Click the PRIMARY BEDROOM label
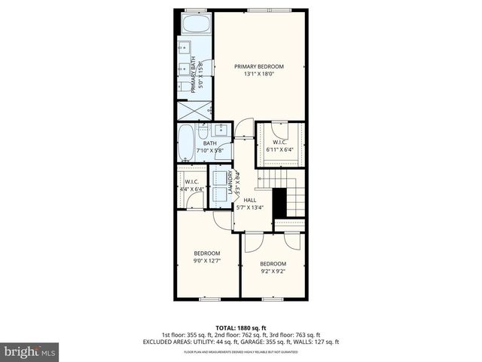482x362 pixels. (258, 66)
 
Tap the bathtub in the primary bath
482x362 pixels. (194, 25)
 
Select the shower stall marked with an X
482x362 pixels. (194, 110)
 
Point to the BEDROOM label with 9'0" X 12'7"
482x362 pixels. (206, 253)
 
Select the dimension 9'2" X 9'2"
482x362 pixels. (273, 271)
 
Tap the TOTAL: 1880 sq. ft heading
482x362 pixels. (241, 327)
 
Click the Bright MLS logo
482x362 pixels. (30, 351)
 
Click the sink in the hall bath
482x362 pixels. (221, 129)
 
